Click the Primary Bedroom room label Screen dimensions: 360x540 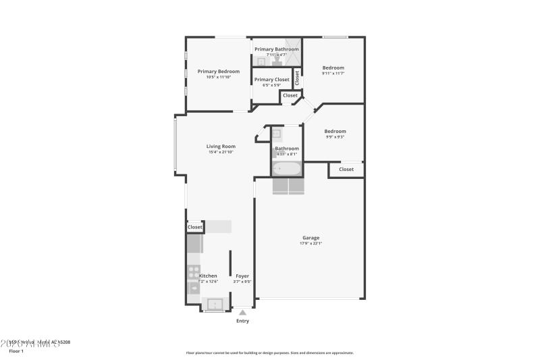pos(219,71)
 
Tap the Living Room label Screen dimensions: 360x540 pos(221,146)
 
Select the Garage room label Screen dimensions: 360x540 pos(310,237)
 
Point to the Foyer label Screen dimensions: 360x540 pos(242,276)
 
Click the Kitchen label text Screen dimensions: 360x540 pos(208,276)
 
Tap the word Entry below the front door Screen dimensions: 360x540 pos(242,321)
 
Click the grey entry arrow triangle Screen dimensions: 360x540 pos(242,312)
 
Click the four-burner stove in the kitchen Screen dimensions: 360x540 pos(194,272)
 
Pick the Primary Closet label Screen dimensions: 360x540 pos(272,79)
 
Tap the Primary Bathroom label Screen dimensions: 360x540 pos(277,49)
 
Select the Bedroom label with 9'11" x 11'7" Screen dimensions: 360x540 pos(333,68)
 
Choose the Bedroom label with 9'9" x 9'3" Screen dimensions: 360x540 pos(335,131)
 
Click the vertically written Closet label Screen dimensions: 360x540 pos(297,77)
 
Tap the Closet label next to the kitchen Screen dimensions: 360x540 pos(195,228)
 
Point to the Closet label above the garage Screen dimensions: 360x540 pos(346,170)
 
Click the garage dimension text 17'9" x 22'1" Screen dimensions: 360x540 pos(310,243)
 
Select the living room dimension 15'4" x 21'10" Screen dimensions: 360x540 pos(221,152)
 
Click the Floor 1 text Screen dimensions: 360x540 pos(16,351)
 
